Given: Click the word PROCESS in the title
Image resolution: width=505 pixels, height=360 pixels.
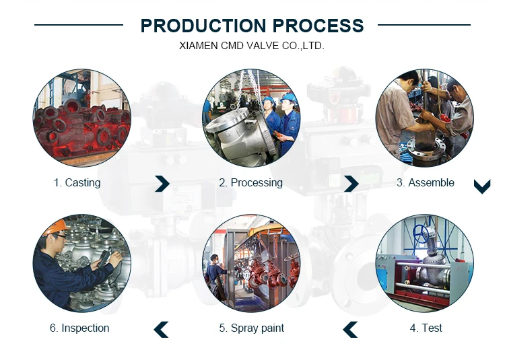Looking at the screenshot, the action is pos(318,26).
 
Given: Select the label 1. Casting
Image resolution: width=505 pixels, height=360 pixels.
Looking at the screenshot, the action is pos(77,183).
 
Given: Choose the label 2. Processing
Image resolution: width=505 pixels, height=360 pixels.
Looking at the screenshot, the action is pos(251,183).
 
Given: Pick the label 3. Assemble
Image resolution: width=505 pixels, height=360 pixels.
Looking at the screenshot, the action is pos(426,183).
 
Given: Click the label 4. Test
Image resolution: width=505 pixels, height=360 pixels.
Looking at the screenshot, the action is pos(426,328).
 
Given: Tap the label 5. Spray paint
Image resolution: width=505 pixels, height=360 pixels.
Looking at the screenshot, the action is pos(252,328).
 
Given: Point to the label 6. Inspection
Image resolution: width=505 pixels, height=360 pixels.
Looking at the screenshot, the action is pos(79,328).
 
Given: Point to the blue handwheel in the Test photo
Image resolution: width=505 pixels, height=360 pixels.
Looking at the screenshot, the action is pos(420,234).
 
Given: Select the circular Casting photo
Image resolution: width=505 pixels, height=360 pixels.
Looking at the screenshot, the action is pos(81,118).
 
